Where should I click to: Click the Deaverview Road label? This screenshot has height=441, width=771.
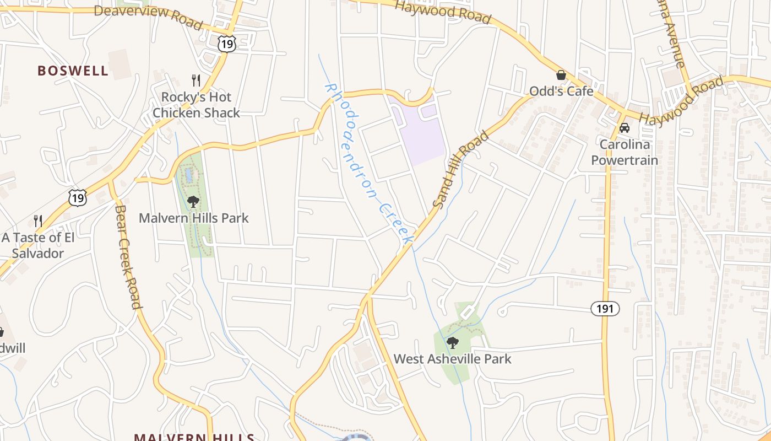(148, 17)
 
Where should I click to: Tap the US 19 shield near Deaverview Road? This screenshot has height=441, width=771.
(226, 44)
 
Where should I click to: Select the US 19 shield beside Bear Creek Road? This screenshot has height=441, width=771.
(78, 197)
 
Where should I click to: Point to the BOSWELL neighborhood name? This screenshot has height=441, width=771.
(73, 71)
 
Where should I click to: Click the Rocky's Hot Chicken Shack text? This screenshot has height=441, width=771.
(196, 105)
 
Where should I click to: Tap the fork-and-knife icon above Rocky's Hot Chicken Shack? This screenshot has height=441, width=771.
(196, 80)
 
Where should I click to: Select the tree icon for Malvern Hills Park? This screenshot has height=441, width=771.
(193, 202)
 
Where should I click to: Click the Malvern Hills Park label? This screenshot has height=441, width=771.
(193, 218)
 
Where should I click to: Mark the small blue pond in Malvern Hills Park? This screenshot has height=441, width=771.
(189, 175)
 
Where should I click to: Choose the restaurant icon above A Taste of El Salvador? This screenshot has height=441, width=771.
(38, 221)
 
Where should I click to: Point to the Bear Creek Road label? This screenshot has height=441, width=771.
(128, 256)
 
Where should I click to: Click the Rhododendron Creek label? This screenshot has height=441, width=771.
(368, 164)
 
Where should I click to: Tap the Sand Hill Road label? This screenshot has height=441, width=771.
(460, 169)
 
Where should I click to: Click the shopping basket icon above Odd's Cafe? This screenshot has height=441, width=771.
(561, 75)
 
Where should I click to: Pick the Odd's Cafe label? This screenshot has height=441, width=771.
(561, 91)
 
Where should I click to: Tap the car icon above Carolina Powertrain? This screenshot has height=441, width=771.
(624, 128)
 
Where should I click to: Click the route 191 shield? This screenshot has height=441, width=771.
(605, 309)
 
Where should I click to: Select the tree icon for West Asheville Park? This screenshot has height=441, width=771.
(452, 343)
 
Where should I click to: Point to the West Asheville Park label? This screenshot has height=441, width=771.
(452, 359)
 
